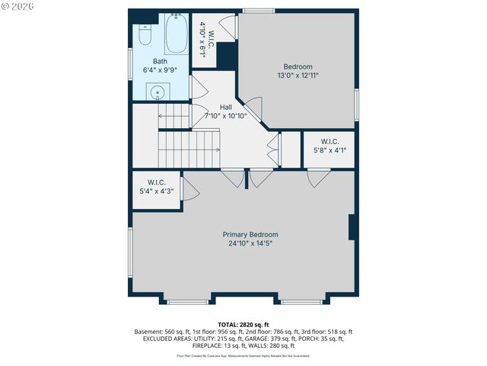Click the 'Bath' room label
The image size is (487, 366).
(x=160, y=62)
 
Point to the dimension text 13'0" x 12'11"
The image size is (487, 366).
(x=298, y=75)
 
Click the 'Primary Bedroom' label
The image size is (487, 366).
(x=250, y=235)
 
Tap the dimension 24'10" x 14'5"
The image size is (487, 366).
(x=250, y=244)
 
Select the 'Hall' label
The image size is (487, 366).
(x=225, y=107)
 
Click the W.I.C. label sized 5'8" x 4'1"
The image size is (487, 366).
(x=329, y=141)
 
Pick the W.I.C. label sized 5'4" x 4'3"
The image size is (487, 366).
(x=157, y=182)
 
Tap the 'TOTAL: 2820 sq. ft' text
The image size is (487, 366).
(x=243, y=324)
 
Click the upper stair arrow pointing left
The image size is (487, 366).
(x=172, y=117)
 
